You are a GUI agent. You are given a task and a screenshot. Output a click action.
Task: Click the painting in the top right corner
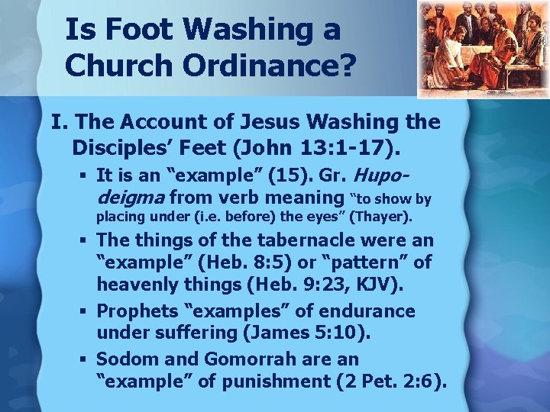(482, 49)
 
